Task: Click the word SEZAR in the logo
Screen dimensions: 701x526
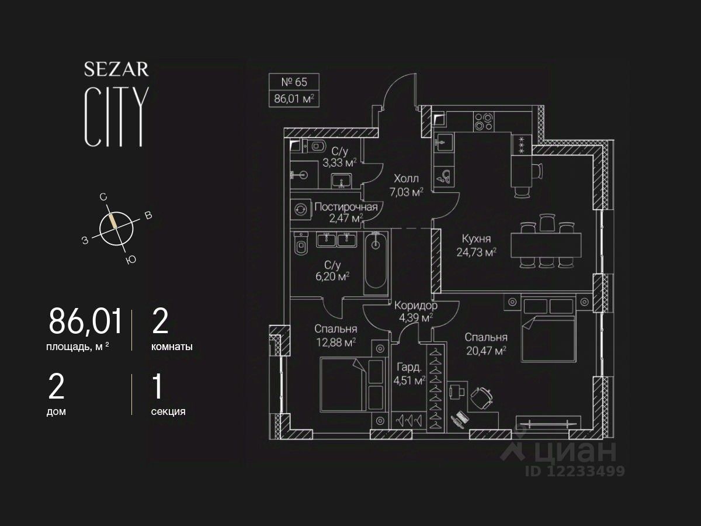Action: pos(116,70)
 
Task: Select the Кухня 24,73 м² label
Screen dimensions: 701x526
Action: pos(476,245)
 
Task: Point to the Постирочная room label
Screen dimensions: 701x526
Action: pos(346,207)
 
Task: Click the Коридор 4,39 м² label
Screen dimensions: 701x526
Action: pos(415,312)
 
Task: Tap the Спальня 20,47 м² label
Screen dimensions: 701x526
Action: pos(485,344)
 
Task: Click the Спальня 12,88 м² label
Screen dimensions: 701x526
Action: pos(335,335)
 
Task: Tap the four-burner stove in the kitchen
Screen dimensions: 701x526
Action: pos(483,121)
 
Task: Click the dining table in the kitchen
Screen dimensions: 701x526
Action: pos(546,245)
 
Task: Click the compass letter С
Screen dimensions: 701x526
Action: pos(103,198)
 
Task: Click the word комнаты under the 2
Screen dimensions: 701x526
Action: pos(172,347)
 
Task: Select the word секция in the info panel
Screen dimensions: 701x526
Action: pos(168,411)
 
